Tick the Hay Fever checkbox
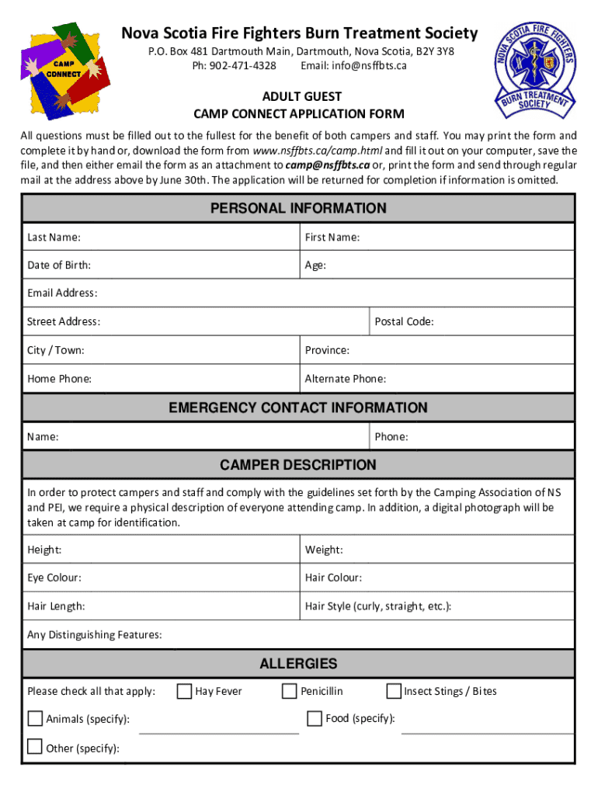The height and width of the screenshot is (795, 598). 185,691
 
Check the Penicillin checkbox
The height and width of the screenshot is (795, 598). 290,691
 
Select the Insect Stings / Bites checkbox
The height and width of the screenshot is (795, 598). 394,691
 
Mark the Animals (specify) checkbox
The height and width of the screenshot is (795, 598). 35,718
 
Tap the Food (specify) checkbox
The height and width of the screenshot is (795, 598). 315,718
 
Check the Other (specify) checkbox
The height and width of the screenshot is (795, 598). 35,747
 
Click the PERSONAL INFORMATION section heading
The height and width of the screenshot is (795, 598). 298,208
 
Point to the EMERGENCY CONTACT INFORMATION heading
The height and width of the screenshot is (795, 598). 298,408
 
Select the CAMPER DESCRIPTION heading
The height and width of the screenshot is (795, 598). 298,465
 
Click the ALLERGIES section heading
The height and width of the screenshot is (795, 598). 298,663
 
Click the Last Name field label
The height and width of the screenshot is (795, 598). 54,237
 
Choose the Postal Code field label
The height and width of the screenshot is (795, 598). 404,321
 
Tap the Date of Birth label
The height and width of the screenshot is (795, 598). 59,266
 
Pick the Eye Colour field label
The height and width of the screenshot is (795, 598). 54,578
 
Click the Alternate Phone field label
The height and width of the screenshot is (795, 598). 345,379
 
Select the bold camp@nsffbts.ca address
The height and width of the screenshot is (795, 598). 327,165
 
